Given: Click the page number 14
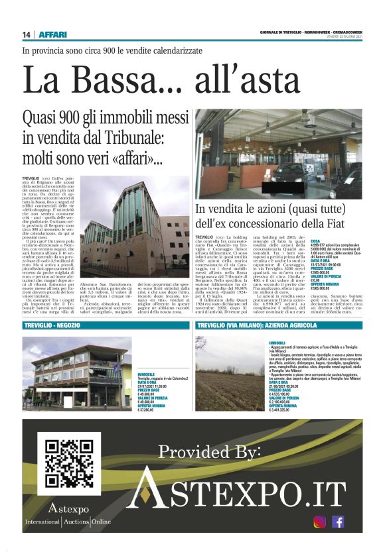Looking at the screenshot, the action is coord(26,34).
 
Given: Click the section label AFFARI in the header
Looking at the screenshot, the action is coord(51,34).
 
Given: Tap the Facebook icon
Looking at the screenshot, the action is coord(338,522).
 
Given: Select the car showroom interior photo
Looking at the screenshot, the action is coord(287,154).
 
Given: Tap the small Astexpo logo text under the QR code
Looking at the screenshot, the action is coord(68,509).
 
